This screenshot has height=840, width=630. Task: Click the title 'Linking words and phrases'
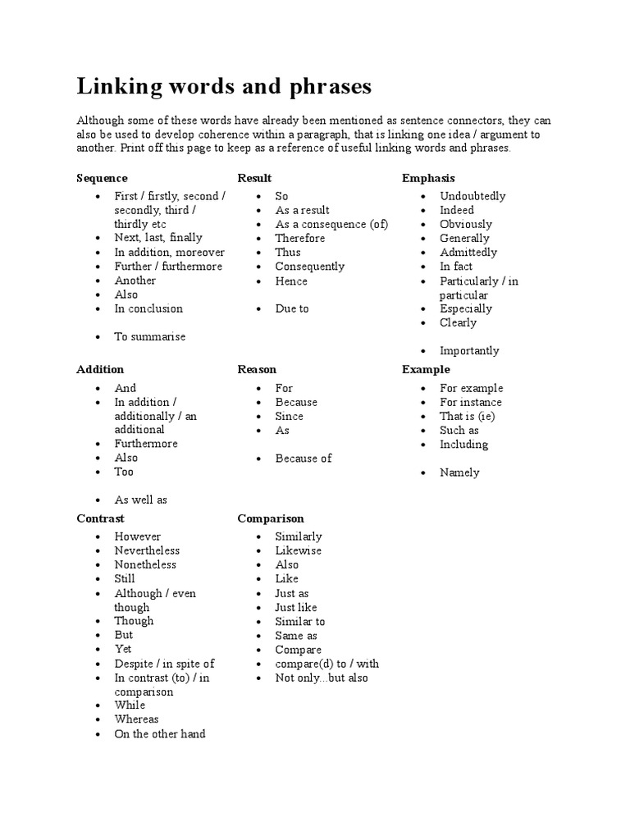[x=224, y=87]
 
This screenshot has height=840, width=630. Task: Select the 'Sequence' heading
[x=102, y=178]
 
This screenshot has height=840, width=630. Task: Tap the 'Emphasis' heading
[x=428, y=178]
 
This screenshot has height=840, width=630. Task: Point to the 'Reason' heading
[x=257, y=369]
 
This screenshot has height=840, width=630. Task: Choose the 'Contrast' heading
[x=100, y=518]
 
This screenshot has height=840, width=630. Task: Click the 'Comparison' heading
[x=271, y=518]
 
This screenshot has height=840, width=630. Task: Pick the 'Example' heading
[x=426, y=369]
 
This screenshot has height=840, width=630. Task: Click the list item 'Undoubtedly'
[x=472, y=196]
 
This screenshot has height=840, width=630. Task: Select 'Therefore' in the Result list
[x=300, y=238]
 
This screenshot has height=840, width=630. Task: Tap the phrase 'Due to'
[x=292, y=308]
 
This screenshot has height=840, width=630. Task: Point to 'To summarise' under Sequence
[x=150, y=336]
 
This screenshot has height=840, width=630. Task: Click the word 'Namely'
[x=459, y=472]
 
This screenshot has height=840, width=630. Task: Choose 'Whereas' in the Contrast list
[x=137, y=719]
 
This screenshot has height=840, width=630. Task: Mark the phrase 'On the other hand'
[x=160, y=734]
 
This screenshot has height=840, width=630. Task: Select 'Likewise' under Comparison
[x=299, y=550]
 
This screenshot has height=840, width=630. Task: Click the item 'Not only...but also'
[x=322, y=678]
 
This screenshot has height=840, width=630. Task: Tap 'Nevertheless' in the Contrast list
[x=147, y=550]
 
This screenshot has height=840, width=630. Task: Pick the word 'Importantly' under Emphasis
[x=469, y=351]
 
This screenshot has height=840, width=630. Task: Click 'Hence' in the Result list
[x=291, y=281]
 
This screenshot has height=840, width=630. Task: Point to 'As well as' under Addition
[x=141, y=500]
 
